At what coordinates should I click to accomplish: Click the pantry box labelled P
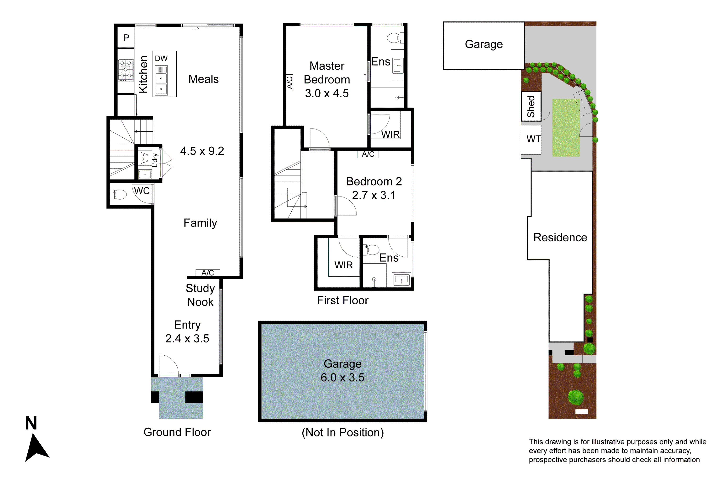tap(126, 38)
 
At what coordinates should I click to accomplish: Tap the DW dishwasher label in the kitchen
tap(161, 58)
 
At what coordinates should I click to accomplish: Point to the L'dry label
tap(155, 160)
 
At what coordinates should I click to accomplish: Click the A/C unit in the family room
tap(208, 273)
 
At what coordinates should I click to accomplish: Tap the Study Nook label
tap(200, 295)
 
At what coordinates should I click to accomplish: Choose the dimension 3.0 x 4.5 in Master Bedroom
tap(327, 93)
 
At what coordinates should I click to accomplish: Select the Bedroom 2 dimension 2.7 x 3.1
tap(374, 195)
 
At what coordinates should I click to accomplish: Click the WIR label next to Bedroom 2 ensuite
tap(343, 265)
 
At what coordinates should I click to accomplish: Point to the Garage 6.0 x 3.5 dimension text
tap(342, 378)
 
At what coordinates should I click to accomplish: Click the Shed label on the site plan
tap(531, 106)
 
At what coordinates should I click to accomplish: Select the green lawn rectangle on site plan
tap(566, 128)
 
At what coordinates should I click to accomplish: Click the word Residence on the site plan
tap(560, 237)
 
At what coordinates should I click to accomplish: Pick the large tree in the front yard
tap(576, 397)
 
